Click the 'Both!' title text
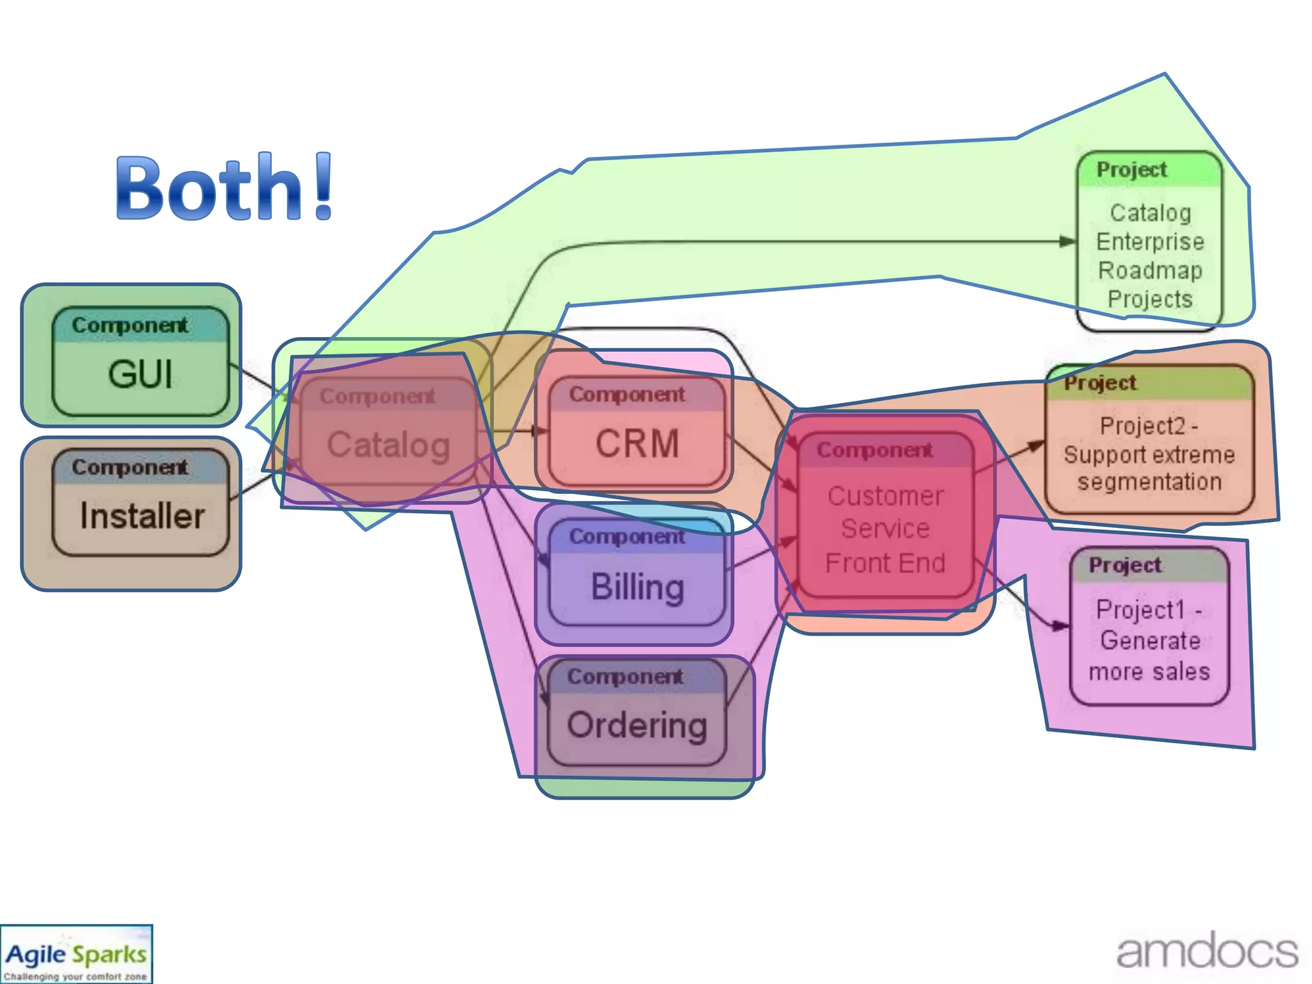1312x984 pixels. pyautogui.click(x=224, y=187)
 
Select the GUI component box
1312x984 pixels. pyautogui.click(x=140, y=362)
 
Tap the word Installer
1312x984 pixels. pyautogui.click(x=142, y=516)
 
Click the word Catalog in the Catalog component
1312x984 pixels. pyautogui.click(x=388, y=445)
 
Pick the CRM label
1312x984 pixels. pyautogui.click(x=637, y=443)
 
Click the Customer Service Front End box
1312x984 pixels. pyautogui.click(x=885, y=516)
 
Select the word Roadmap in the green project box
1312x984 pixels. pyautogui.click(x=1150, y=270)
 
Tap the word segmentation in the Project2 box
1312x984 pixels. pyautogui.click(x=1149, y=482)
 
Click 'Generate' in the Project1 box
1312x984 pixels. pyautogui.click(x=1150, y=640)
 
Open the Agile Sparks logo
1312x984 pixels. pyautogui.click(x=76, y=955)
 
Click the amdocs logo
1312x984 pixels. pyautogui.click(x=1207, y=951)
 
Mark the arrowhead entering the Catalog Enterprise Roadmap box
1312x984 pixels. pyautogui.click(x=1067, y=242)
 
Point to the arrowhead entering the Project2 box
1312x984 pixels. pyautogui.click(x=1035, y=445)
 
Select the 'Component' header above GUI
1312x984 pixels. pyautogui.click(x=130, y=325)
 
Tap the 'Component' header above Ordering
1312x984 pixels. pyautogui.click(x=625, y=676)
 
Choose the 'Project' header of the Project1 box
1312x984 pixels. pyautogui.click(x=1125, y=565)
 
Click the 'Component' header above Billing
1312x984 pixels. pyautogui.click(x=627, y=536)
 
